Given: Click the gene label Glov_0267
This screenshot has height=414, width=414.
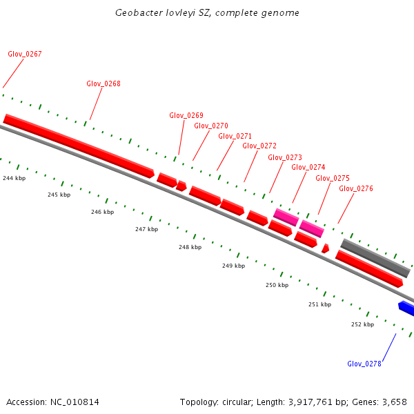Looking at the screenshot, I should tap(25, 54).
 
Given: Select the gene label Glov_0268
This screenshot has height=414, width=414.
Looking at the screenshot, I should tap(103, 84).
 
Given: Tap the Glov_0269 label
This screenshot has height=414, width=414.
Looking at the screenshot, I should tap(186, 115).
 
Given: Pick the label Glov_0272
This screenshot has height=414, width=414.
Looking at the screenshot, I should tap(259, 146).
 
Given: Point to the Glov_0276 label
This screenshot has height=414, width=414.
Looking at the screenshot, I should tap(356, 188).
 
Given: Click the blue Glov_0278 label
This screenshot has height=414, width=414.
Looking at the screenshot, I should tap(364, 364).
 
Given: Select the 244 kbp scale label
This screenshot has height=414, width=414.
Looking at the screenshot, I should tap(14, 178).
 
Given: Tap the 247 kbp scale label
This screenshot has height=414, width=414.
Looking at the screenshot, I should tap(146, 229).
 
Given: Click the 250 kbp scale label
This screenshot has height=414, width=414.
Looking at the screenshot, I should tap(277, 285).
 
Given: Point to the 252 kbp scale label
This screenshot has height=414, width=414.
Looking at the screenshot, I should tap(362, 324).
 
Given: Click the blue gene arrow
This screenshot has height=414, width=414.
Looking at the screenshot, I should tap(406, 307).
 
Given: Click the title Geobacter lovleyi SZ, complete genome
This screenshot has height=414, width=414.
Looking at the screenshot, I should tap(207, 13).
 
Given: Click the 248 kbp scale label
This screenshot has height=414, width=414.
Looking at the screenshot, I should tap(190, 247).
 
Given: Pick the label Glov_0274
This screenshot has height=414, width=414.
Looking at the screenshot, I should tap(308, 167).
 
